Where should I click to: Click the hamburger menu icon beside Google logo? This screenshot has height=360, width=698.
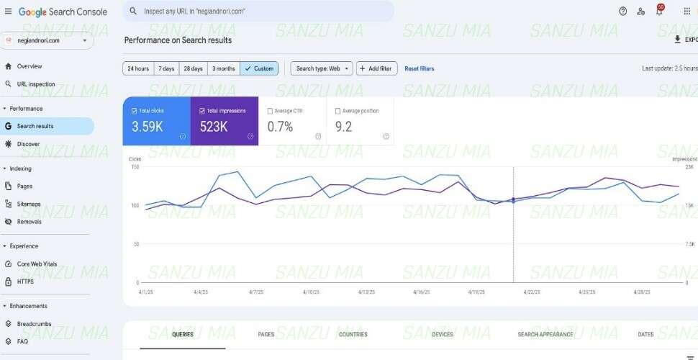(8, 12)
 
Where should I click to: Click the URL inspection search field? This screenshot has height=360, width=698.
(259, 12)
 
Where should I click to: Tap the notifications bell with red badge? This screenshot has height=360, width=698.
(658, 11)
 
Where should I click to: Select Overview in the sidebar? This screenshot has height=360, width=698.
(29, 66)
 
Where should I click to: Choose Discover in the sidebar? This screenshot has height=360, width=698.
(28, 144)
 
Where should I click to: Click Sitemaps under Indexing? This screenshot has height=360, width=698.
(29, 204)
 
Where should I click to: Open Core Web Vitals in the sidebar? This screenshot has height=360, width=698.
(37, 264)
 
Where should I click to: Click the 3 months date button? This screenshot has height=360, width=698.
(223, 68)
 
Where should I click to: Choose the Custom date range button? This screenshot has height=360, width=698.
(259, 68)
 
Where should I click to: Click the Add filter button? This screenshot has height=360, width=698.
(376, 68)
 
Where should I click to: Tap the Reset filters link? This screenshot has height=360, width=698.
(419, 68)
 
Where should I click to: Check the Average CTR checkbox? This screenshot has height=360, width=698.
(270, 111)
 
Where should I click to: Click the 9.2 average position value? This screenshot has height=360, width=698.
(344, 127)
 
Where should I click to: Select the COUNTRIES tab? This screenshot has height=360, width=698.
(353, 335)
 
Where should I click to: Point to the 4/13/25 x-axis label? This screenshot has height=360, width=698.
(366, 292)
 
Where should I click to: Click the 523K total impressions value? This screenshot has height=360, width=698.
(214, 127)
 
